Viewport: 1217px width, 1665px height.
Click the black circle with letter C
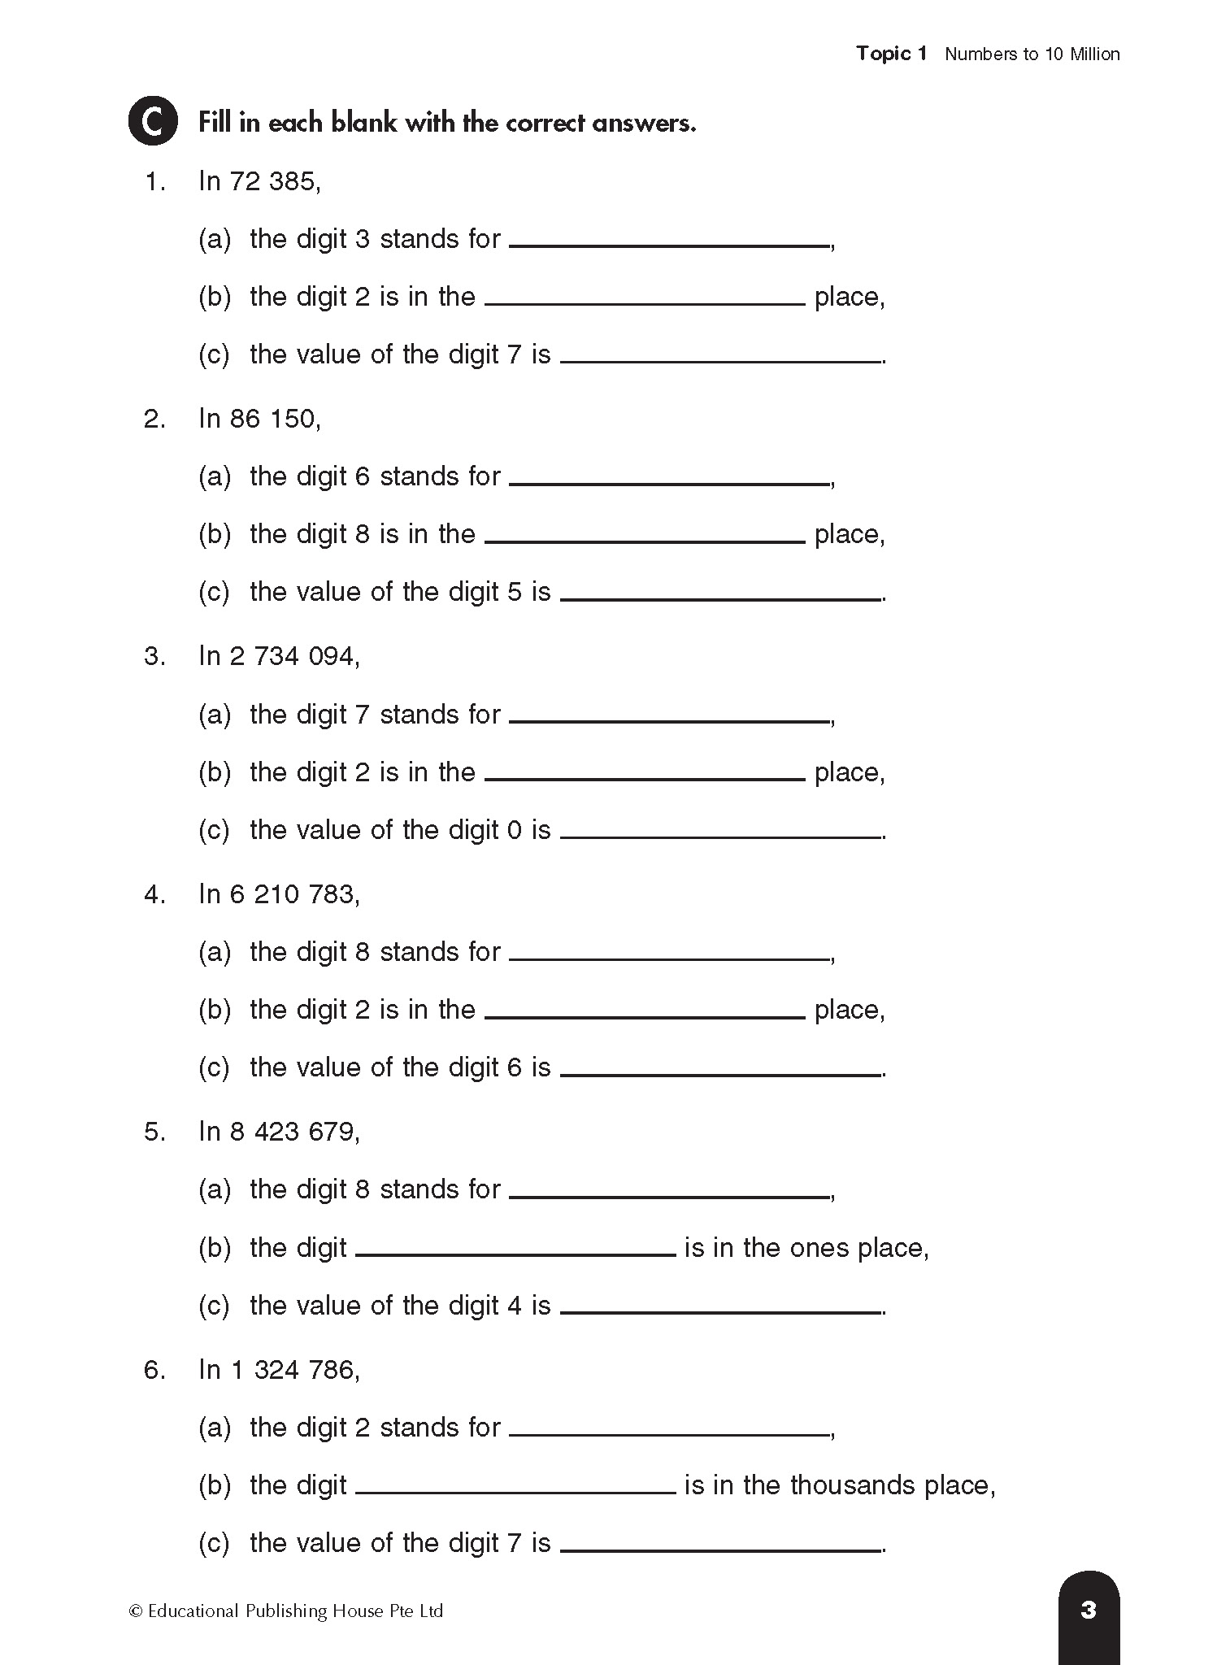click(153, 122)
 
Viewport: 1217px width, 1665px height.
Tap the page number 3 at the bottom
click(1089, 1610)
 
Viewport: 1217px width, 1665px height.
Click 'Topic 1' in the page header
click(891, 54)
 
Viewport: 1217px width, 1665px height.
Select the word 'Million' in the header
click(1094, 54)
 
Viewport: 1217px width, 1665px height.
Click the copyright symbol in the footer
click(136, 1611)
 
